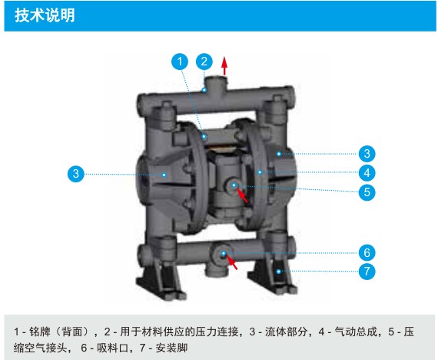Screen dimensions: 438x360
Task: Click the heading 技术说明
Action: (45, 15)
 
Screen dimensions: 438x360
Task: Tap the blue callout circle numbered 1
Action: (180, 62)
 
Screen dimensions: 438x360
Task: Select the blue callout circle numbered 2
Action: (204, 62)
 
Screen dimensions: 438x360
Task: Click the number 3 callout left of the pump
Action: (76, 174)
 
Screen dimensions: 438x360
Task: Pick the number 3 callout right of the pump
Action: (367, 154)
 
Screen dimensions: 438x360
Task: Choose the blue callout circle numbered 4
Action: (367, 173)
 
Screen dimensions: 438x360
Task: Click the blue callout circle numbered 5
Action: (367, 192)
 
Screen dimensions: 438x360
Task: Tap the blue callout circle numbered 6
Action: (367, 253)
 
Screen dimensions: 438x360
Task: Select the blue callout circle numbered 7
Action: (367, 271)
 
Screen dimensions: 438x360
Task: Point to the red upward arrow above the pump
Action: (224, 65)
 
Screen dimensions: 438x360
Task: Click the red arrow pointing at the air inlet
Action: (242, 195)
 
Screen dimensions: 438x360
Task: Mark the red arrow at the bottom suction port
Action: (232, 262)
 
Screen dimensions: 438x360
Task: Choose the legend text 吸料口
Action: (112, 348)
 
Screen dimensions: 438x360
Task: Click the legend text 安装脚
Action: (171, 348)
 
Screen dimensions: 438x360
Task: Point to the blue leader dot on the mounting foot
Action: (278, 272)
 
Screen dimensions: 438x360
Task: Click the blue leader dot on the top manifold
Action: (204, 90)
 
